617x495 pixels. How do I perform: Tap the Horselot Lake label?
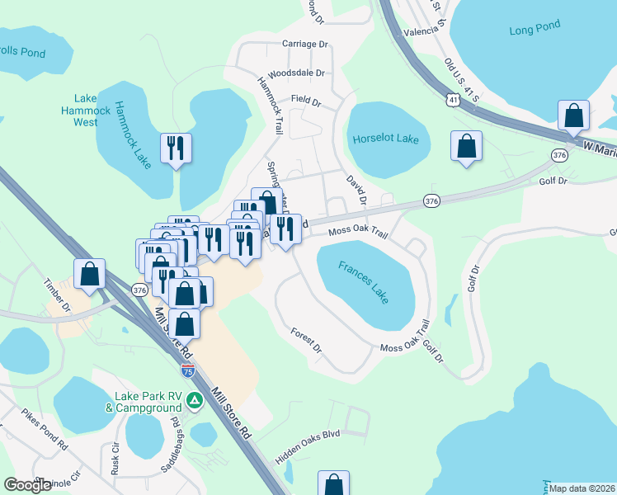click(386, 139)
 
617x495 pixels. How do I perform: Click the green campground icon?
click(195, 401)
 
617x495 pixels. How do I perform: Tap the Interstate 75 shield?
click(189, 371)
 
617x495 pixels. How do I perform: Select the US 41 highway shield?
click(453, 99)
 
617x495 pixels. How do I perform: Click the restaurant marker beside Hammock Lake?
click(176, 148)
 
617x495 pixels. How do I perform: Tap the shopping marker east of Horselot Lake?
click(466, 146)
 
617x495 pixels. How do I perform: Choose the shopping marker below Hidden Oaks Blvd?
click(333, 483)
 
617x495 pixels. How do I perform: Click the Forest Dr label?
click(306, 341)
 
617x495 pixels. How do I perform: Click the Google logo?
click(27, 485)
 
